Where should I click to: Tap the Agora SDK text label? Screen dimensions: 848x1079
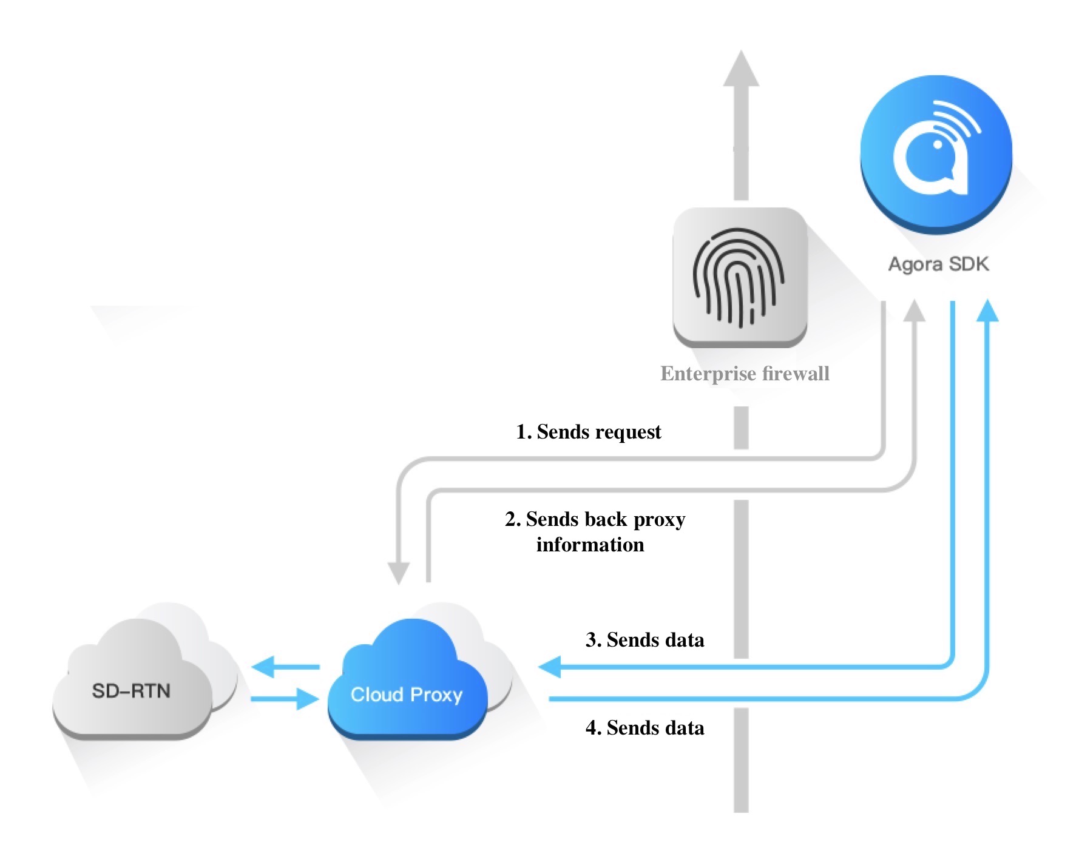coord(938,264)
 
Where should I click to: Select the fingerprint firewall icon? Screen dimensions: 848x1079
coord(740,277)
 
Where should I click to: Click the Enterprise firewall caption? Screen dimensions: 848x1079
coord(745,374)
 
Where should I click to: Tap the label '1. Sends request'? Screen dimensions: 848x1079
coord(588,432)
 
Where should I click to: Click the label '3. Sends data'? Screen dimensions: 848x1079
coord(644,640)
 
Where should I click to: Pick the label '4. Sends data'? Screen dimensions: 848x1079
coord(644,728)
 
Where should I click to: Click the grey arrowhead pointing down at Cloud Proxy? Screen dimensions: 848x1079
coord(399,572)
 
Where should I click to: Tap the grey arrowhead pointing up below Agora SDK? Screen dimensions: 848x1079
coord(914,311)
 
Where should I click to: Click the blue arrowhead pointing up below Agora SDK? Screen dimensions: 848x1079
coord(988,311)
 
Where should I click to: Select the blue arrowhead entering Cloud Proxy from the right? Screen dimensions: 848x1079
coord(550,667)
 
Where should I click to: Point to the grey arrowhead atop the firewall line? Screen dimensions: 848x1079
coord(741,68)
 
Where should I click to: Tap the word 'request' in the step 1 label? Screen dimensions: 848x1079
coord(631,432)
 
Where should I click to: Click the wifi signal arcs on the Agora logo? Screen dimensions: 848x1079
coord(955,119)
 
